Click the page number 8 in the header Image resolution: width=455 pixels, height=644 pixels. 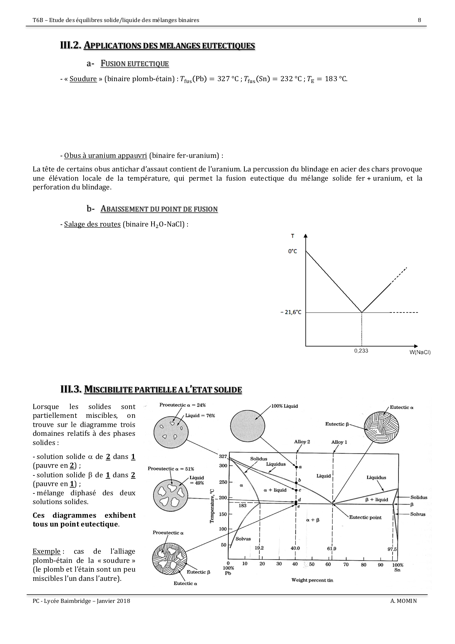click(419, 20)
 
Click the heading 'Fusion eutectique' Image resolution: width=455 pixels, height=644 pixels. click(134, 64)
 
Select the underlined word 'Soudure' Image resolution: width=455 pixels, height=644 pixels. click(83, 79)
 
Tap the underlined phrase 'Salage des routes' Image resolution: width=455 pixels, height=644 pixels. click(92, 224)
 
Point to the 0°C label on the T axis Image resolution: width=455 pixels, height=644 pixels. click(292, 252)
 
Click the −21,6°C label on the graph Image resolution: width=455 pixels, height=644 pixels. click(291, 312)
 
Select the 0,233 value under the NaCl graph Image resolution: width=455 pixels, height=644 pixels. click(361, 351)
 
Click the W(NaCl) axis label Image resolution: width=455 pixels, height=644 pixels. click(420, 352)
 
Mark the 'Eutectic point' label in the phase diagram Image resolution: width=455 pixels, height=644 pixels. click(365, 517)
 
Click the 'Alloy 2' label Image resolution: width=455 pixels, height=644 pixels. click(302, 442)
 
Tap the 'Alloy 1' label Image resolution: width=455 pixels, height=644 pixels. click(339, 442)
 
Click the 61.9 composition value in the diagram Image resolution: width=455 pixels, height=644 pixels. click(331, 549)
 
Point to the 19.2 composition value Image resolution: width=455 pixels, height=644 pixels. click(259, 548)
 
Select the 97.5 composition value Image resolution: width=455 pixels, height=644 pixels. click(392, 549)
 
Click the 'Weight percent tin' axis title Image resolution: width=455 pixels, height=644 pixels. click(312, 580)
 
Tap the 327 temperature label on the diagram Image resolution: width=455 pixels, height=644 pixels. click(223, 456)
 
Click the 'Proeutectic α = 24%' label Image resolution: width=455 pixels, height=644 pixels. click(182, 405)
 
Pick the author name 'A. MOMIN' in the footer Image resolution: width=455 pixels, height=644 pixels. click(404, 601)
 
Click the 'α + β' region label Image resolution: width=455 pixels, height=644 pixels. click(313, 520)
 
